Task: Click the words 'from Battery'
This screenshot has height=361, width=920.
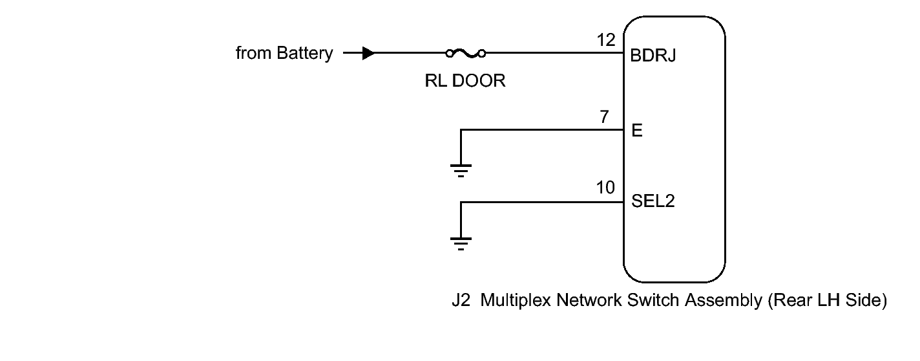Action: pos(284,54)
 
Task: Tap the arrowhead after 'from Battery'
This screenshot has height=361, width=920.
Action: pos(368,53)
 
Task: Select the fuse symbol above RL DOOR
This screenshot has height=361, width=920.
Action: pos(466,53)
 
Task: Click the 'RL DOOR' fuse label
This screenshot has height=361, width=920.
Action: pos(465,81)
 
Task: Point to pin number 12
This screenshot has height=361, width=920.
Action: pos(606,40)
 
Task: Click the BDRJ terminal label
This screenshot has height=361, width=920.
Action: pos(653,56)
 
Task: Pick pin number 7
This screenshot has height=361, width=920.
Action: pos(604,116)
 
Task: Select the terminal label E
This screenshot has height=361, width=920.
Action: pos(636,130)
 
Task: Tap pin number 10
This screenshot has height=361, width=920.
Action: pos(605,188)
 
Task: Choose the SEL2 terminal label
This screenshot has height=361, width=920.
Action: pos(653,201)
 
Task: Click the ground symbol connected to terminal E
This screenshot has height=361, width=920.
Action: pos(461,171)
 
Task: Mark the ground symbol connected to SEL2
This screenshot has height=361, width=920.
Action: pos(461,244)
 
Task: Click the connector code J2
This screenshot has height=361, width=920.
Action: pos(461,300)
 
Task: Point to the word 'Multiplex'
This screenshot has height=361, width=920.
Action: pos(516,301)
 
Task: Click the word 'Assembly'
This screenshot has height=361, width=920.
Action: pos(724,301)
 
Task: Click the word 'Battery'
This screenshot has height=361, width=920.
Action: pos(305,54)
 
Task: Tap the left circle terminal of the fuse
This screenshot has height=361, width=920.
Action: pos(449,54)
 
